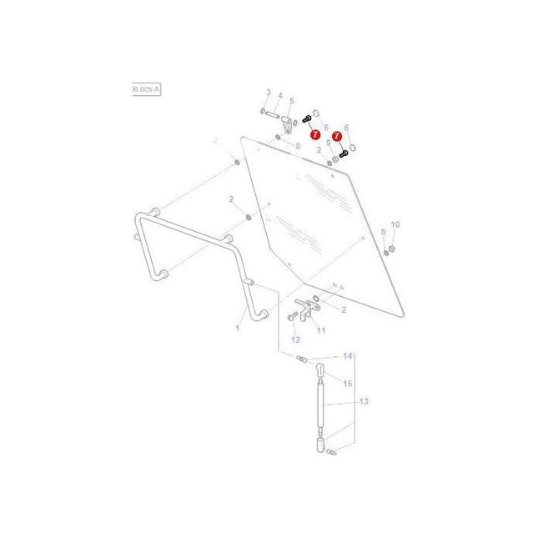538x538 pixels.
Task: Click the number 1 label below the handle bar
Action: pos(237,329)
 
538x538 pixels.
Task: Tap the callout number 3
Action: pos(269,92)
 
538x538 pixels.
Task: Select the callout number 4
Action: pos(280,95)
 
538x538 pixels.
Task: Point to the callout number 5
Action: pos(292,101)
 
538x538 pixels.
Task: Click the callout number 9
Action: pos(328,143)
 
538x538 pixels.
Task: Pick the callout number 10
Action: pos(395,225)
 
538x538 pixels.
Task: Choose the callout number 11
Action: pos(321,330)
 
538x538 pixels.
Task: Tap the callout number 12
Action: pos(295,340)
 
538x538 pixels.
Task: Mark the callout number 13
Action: pos(363,401)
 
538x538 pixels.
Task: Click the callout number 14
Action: pos(348,356)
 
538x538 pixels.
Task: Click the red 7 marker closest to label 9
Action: pos(338,135)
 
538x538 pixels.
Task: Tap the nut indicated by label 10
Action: pos(389,250)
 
